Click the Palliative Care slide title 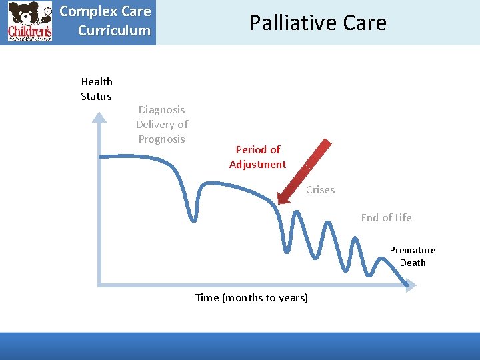(x=317, y=23)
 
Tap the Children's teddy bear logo (x=29, y=22)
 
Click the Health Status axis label (x=97, y=89)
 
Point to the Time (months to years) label (x=251, y=297)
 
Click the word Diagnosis (x=161, y=109)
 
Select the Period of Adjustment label (x=257, y=157)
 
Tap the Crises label (x=320, y=190)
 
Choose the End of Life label (x=386, y=217)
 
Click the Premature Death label (x=413, y=256)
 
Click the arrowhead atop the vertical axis (x=99, y=118)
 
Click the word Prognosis (x=161, y=139)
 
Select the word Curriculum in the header (x=114, y=30)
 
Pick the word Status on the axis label (x=96, y=96)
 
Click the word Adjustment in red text (x=257, y=164)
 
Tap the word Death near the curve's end (x=413, y=263)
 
